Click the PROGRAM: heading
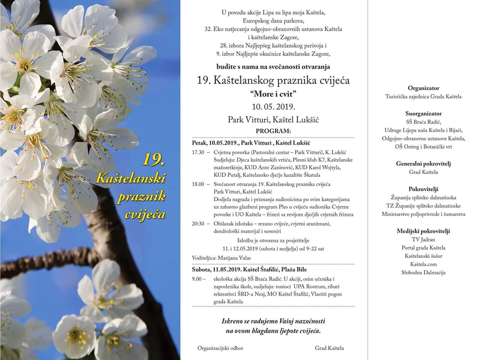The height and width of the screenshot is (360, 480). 273,131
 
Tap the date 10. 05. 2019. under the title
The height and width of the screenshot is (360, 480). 273,106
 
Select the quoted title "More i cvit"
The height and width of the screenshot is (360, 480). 273,94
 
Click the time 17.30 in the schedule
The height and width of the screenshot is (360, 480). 198,152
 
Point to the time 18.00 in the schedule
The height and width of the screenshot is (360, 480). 198,184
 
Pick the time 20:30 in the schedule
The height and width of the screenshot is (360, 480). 198,223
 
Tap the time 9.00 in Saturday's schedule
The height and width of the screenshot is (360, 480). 197,279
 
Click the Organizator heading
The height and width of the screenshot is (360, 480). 423,88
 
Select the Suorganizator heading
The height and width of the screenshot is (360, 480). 423,113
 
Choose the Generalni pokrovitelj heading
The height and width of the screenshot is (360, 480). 423,163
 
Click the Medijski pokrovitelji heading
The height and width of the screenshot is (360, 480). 423,231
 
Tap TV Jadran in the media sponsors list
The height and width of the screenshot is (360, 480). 423,240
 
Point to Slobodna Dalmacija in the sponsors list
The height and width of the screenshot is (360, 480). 423,273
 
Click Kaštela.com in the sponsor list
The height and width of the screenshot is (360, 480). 423,264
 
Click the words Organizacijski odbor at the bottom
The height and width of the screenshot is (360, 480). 220,348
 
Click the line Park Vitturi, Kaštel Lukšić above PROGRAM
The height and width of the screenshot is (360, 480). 273,120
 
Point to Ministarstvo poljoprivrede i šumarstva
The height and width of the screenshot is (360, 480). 423,214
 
